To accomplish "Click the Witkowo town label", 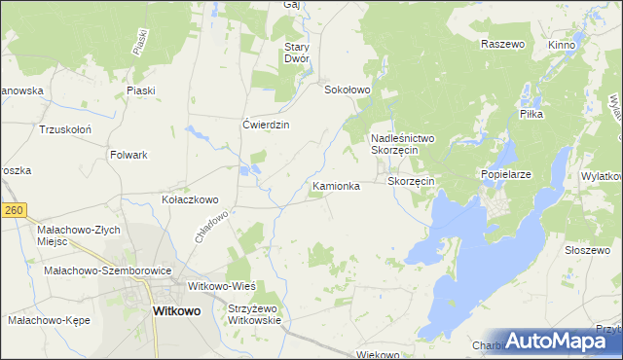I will tap(177, 311).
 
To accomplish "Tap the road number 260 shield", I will tap(12, 209).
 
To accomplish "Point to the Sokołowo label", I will tap(348, 90).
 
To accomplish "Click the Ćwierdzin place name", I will tap(266, 125).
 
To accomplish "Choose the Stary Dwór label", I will tap(297, 53).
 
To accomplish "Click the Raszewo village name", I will tap(502, 45).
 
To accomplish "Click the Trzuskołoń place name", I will tap(65, 128).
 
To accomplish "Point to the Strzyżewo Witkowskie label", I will tap(253, 314).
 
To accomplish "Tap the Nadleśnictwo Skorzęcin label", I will tap(408, 145).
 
